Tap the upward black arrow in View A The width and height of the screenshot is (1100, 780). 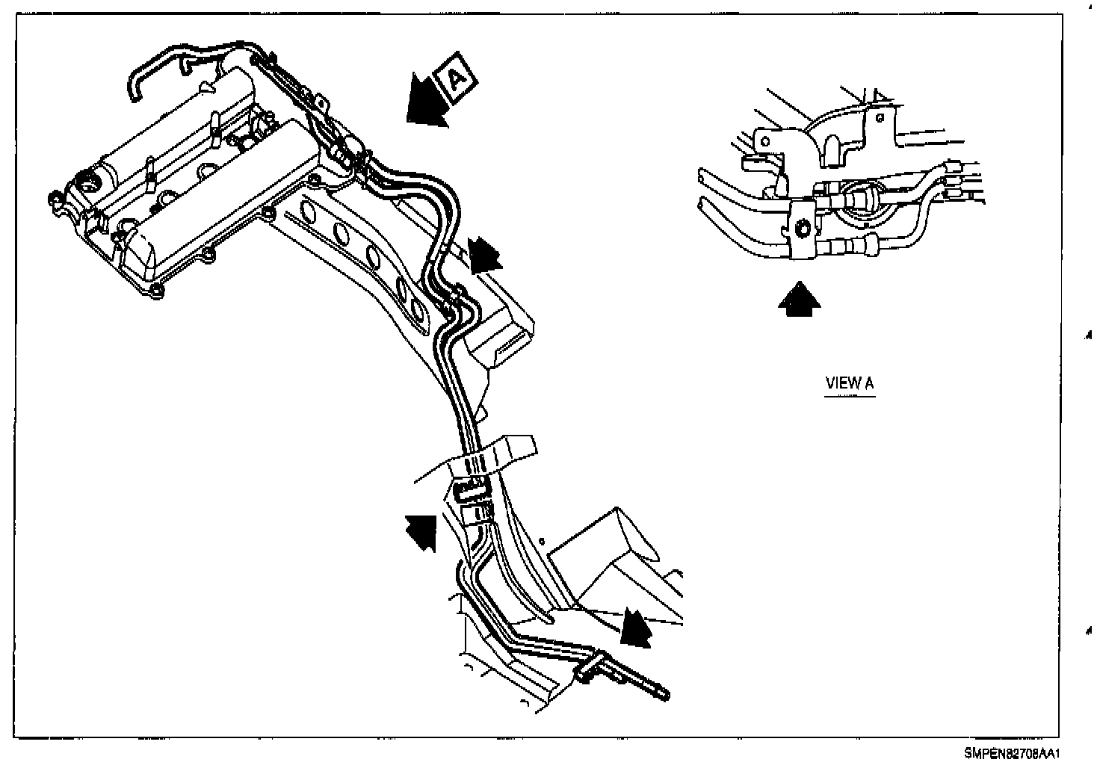click(x=799, y=299)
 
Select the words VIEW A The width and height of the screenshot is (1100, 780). click(x=849, y=383)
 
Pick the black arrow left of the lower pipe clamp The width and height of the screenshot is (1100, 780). click(x=421, y=530)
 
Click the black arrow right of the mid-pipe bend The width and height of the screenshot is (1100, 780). click(x=484, y=254)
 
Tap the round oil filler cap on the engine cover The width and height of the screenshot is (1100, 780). click(x=89, y=182)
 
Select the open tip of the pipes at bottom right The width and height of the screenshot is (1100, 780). click(x=664, y=696)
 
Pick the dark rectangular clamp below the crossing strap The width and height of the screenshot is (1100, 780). click(x=469, y=489)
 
